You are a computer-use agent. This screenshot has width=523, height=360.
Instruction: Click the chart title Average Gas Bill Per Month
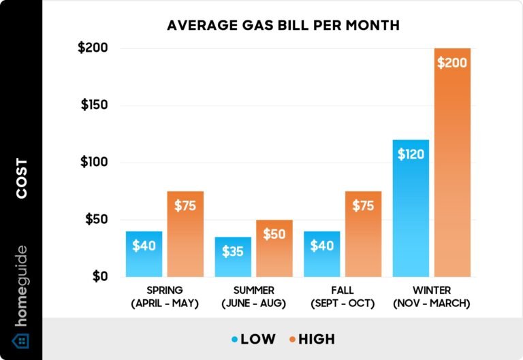[283, 26]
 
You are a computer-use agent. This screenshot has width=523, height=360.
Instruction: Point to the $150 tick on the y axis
[96, 105]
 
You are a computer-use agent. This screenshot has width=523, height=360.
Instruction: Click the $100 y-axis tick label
[96, 163]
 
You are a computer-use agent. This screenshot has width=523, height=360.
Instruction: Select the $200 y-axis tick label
[96, 48]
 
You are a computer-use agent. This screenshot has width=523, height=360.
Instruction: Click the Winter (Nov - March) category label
[431, 297]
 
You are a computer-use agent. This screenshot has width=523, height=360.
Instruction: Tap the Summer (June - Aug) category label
[253, 297]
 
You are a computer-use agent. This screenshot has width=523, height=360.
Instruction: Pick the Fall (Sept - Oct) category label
[343, 297]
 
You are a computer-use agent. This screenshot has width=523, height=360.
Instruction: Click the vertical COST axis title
[22, 178]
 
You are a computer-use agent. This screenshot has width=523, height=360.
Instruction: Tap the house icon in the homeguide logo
[21, 340]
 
